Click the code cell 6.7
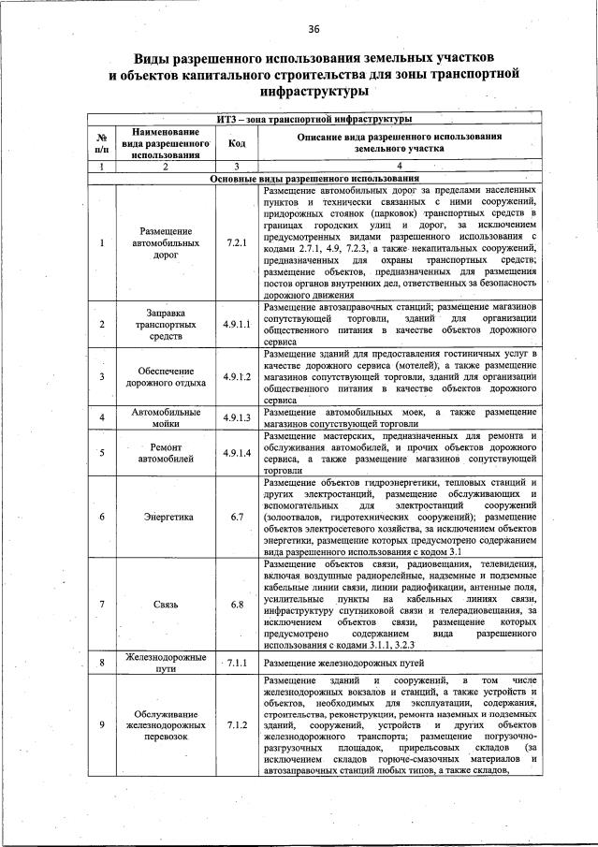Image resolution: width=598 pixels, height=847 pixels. coord(236,517)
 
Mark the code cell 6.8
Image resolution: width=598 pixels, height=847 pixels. coord(236,605)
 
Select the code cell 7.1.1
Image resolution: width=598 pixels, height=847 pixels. coord(236,664)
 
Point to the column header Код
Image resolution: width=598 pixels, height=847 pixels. coord(236,143)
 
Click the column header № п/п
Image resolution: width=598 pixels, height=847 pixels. coord(101,143)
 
